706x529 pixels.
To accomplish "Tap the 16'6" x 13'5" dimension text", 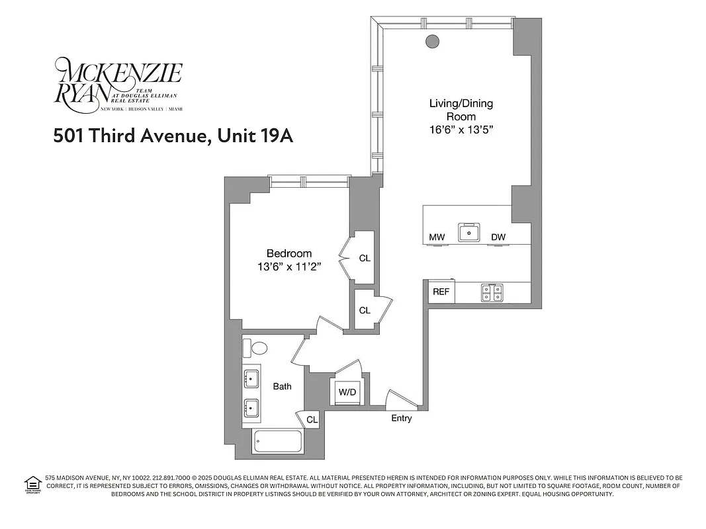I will [461, 130].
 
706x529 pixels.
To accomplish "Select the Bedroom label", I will [288, 253].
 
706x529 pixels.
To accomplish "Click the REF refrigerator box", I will [441, 292].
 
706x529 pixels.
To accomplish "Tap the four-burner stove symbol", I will [492, 292].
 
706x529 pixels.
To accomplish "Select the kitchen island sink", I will [471, 232].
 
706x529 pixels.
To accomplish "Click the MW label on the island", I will [437, 237].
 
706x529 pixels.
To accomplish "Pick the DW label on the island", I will [498, 237].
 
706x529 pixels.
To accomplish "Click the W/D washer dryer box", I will [347, 392].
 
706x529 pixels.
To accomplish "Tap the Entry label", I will [402, 418].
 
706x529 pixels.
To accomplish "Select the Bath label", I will [283, 386].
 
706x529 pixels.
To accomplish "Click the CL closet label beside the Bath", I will [312, 419].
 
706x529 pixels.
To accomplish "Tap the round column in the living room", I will [432, 41].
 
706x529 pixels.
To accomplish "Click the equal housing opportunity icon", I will [32, 485].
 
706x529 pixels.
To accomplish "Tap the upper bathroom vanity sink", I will [251, 379].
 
